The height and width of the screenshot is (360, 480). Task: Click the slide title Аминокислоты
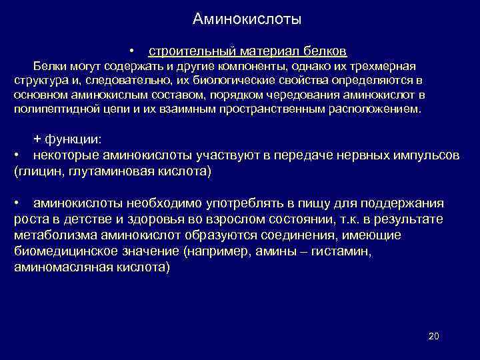point(247,19)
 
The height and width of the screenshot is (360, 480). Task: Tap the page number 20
point(433,336)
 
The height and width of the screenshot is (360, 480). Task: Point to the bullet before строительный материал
point(134,51)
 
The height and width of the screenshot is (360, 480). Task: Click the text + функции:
point(68,139)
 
